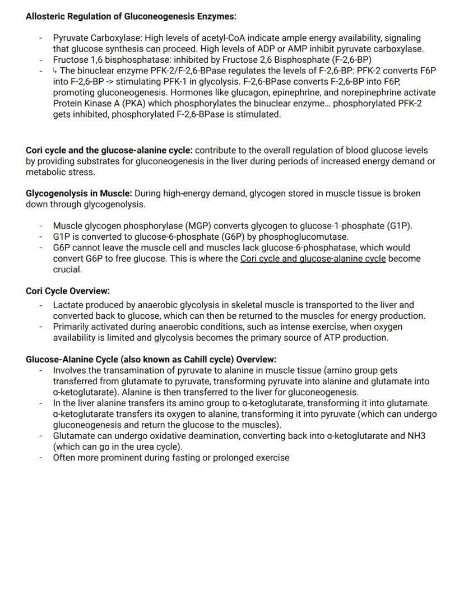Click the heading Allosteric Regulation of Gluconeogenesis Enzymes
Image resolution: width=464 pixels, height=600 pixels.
[131, 16]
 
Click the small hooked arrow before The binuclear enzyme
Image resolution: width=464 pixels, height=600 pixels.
[55, 71]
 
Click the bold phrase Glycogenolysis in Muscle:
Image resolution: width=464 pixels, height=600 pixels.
[79, 193]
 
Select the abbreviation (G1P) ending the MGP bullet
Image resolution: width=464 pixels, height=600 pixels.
[400, 226]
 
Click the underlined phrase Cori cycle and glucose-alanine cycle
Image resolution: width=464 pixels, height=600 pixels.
[313, 259]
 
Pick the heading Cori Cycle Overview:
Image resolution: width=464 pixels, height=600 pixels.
[68, 291]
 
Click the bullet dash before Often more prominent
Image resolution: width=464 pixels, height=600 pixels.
[41, 458]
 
